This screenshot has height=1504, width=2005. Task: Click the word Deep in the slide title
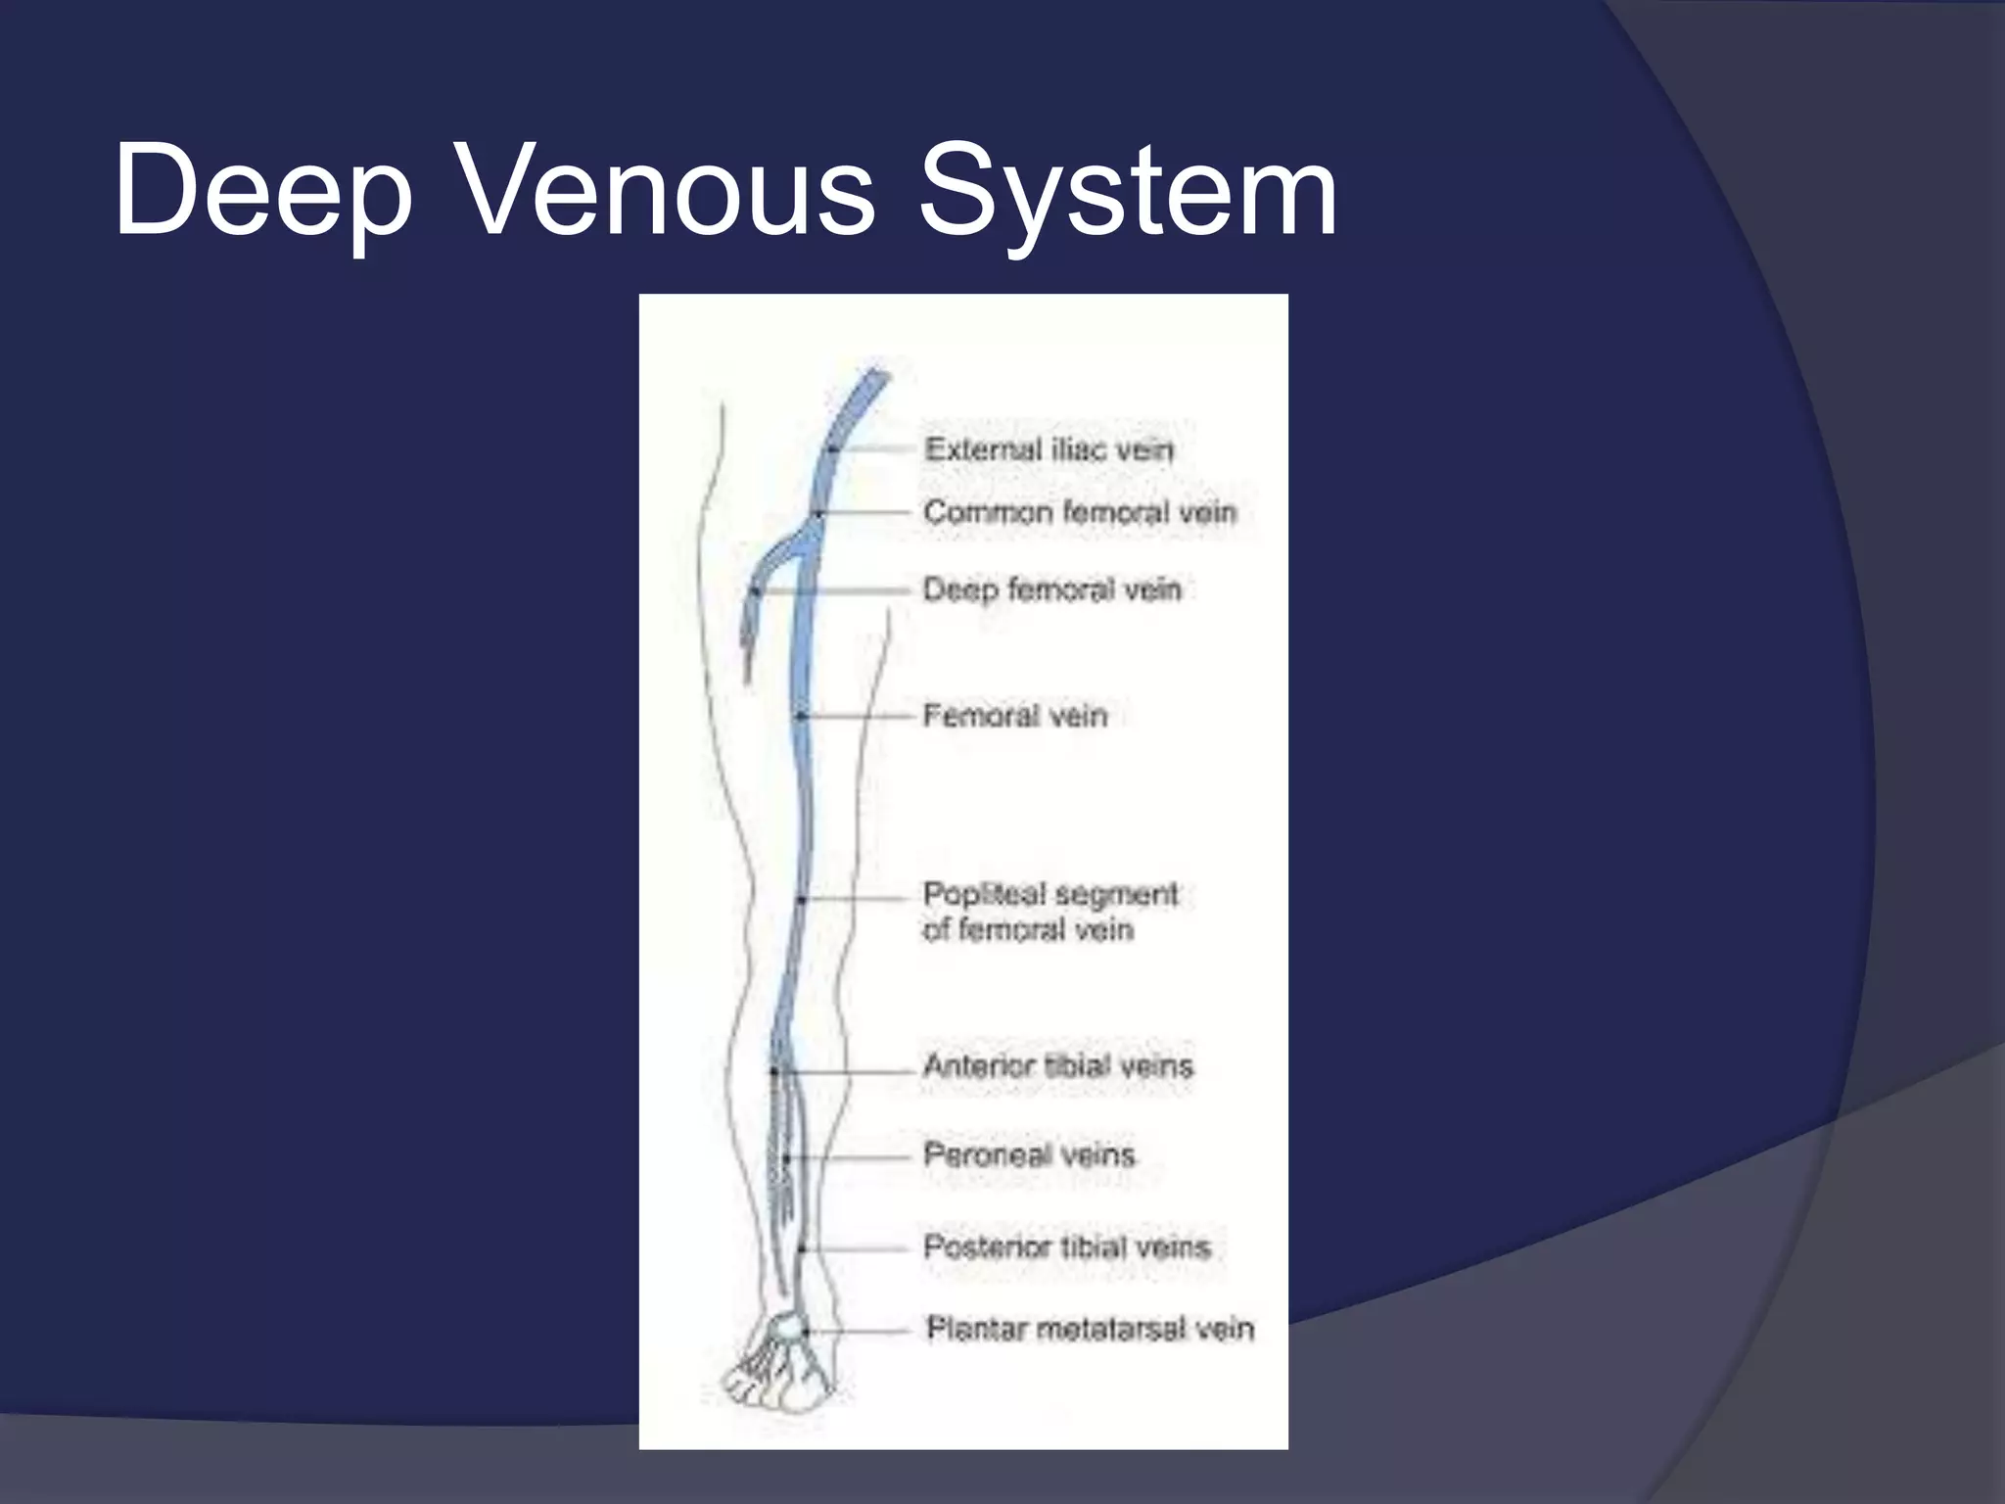click(262, 189)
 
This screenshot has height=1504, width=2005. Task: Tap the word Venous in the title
click(666, 189)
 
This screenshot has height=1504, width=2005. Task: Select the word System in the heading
click(1126, 189)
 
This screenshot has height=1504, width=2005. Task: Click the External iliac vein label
click(1049, 449)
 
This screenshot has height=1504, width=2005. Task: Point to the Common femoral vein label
click(1080, 512)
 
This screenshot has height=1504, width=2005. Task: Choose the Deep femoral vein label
click(1052, 589)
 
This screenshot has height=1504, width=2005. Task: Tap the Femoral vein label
click(1015, 716)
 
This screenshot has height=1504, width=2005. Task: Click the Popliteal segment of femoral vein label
click(1049, 912)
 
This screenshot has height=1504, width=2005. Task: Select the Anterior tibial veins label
click(1058, 1065)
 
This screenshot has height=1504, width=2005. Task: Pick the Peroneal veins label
click(1029, 1155)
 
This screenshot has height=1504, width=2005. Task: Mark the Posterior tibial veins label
click(1067, 1246)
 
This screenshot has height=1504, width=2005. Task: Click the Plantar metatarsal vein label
click(1090, 1329)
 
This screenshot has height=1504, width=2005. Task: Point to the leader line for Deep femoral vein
click(832, 590)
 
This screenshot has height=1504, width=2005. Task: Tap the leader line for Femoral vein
click(857, 717)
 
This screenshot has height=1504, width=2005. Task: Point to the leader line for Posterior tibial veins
click(857, 1248)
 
